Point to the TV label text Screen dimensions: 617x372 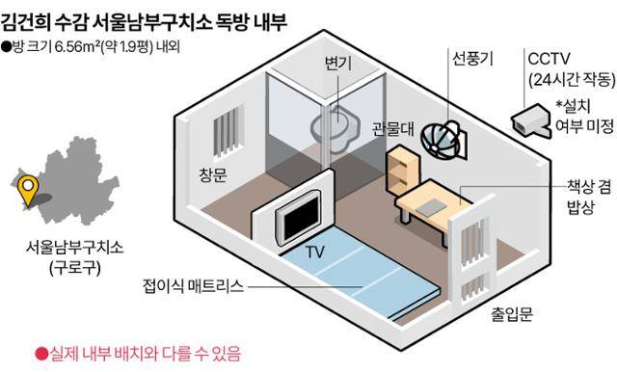314,252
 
